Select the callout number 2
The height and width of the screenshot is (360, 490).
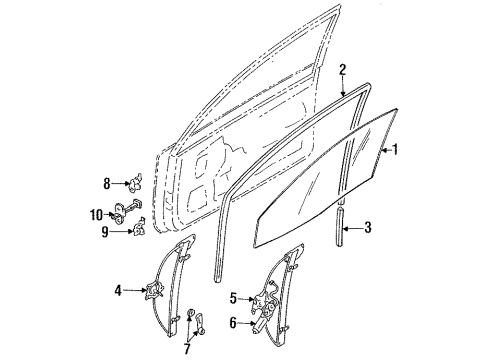343,69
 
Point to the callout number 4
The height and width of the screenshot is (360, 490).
119,291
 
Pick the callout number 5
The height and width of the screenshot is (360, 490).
234,297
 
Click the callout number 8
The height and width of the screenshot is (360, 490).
107,183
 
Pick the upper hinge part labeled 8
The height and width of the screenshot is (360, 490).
135,183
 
